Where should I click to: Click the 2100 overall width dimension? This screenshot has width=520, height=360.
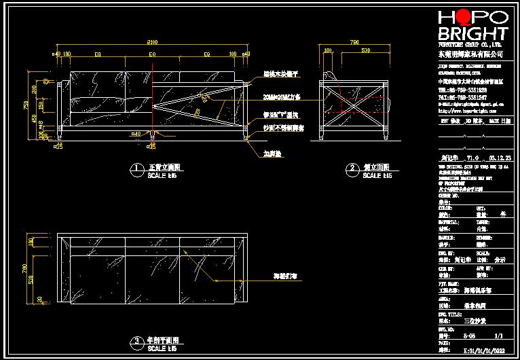coord(151,41)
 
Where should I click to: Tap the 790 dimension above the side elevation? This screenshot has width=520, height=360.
coord(354,41)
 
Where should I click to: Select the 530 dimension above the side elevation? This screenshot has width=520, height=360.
coord(365,50)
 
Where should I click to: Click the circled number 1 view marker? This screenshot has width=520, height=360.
coord(136,167)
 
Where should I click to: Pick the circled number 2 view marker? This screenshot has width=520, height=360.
coord(352,167)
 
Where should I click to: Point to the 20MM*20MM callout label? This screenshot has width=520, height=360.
coord(282,97)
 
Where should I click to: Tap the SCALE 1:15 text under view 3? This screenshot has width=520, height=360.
coord(162,348)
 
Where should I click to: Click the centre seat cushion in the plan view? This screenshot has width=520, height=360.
coord(151,274)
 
